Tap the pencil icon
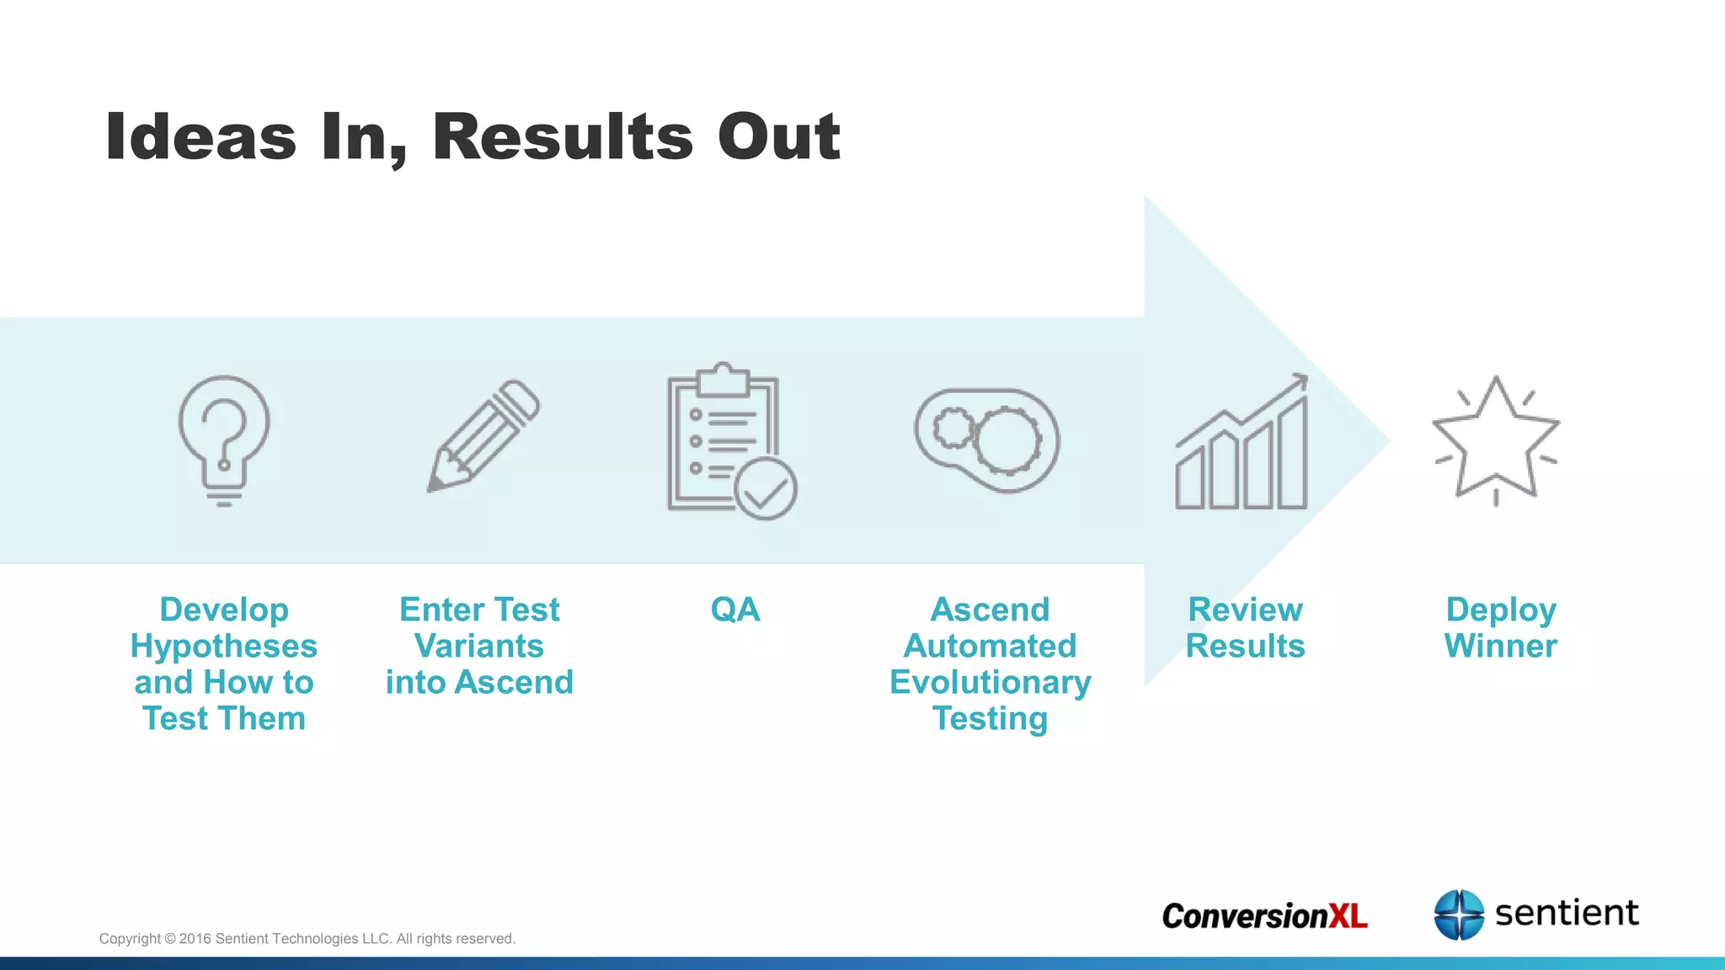(483, 435)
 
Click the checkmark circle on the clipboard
(766, 489)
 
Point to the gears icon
(987, 440)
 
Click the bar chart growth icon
(1242, 444)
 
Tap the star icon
(1496, 440)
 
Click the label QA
(734, 610)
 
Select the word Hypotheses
(224, 647)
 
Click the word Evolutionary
(990, 683)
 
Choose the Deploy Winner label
(1500, 628)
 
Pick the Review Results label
(1245, 628)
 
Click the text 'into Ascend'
(479, 683)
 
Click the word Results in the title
(563, 136)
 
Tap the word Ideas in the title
(200, 136)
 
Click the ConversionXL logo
(1264, 916)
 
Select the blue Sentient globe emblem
(1459, 914)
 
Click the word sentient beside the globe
(1567, 913)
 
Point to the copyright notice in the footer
(307, 939)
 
